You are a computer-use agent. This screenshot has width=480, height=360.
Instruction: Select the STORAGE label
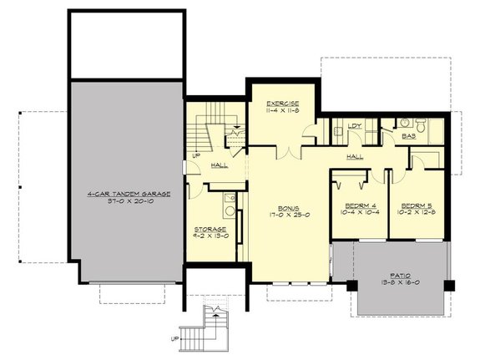[x=210, y=228]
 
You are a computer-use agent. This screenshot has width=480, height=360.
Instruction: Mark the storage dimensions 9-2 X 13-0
[x=210, y=236]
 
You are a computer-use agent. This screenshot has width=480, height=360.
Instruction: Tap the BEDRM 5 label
[x=415, y=205]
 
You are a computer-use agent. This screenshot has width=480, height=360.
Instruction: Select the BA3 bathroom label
[x=409, y=134]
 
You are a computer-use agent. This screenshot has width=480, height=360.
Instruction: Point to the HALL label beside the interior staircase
[x=215, y=165]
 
